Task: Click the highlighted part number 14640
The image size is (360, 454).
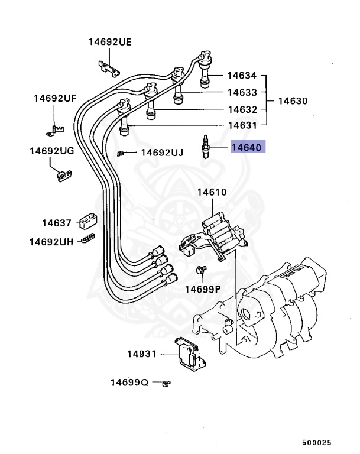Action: pos(248,147)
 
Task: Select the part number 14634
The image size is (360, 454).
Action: pos(242,76)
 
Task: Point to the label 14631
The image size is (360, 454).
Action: pos(242,125)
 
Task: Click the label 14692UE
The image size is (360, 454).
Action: pos(110,42)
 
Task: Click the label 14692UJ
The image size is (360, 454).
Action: pos(161,153)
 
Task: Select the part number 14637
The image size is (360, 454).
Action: pos(56,223)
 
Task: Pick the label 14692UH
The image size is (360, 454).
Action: pos(51,241)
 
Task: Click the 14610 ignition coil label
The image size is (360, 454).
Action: pos(212,192)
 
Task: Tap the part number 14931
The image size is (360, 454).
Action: pos(141,354)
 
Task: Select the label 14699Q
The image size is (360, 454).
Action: pos(129,382)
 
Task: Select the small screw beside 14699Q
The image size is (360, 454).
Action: pos(167,383)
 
